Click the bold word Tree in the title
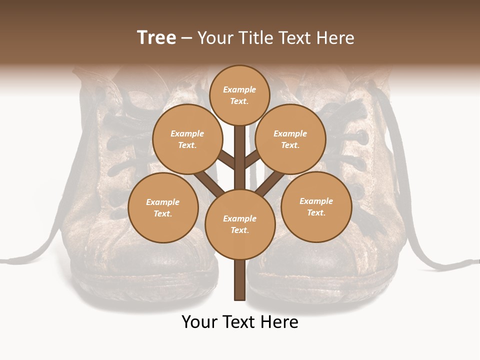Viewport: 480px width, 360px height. pyautogui.click(x=156, y=37)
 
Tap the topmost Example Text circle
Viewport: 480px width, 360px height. pyautogui.click(x=239, y=95)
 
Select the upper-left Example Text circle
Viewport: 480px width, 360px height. pyautogui.click(x=187, y=139)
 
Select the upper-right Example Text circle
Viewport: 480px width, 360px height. pyautogui.click(x=290, y=139)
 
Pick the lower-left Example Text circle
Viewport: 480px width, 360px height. pyautogui.click(x=162, y=207)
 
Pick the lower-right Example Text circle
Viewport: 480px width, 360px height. pyautogui.click(x=316, y=206)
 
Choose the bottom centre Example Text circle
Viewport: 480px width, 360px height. pyautogui.click(x=239, y=224)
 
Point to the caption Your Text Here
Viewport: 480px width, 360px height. pyautogui.click(x=239, y=322)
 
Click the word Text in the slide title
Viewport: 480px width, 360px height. pyautogui.click(x=298, y=37)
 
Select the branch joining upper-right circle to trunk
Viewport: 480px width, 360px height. pyautogui.click(x=253, y=159)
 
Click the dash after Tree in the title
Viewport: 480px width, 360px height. pyautogui.click(x=186, y=38)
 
